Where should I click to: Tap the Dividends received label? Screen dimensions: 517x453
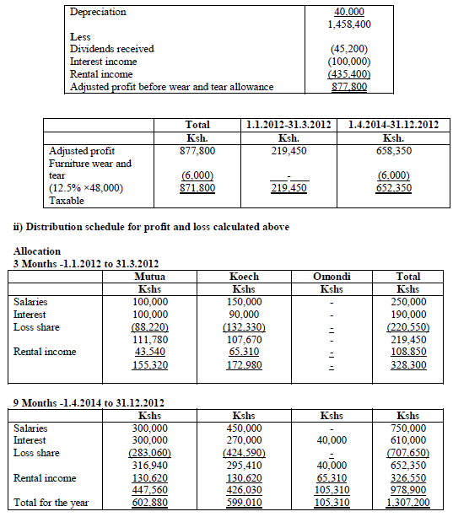pos(113,49)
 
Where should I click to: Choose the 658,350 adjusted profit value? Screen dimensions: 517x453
pos(392,150)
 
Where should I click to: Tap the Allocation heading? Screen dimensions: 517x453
pos(37,251)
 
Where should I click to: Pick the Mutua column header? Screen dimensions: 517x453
pos(149,276)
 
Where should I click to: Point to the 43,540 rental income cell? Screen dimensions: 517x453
pos(149,351)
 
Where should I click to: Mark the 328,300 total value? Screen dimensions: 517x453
pos(407,364)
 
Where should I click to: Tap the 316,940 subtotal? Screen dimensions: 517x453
pos(149,464)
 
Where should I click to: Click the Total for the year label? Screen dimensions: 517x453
pos(51,504)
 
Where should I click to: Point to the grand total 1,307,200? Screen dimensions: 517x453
pos(407,504)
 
